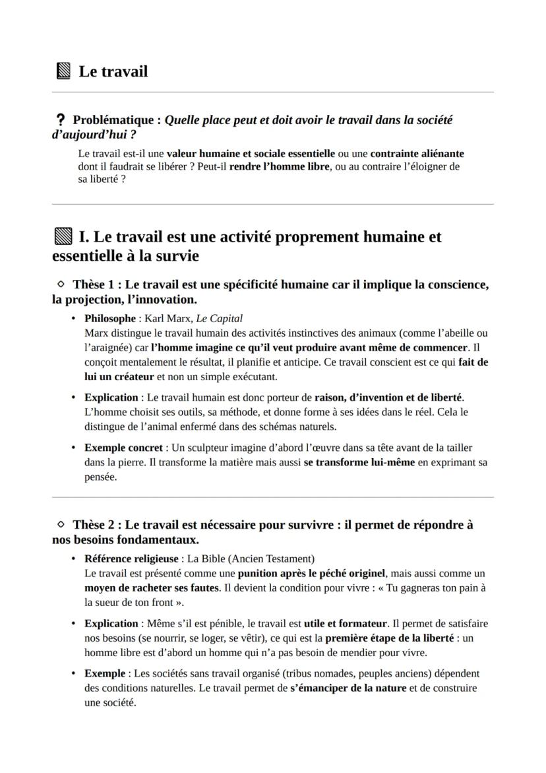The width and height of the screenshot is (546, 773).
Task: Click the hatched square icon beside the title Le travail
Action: click(63, 71)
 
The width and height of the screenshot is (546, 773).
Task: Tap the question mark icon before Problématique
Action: click(61, 121)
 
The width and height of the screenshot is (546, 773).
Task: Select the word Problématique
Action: click(113, 120)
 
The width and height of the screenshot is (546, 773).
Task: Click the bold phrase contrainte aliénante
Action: click(417, 153)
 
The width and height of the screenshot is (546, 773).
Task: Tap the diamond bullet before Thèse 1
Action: click(61, 284)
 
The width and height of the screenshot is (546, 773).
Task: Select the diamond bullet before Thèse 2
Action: click(61, 525)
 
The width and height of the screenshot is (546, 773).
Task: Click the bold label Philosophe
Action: click(109, 318)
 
